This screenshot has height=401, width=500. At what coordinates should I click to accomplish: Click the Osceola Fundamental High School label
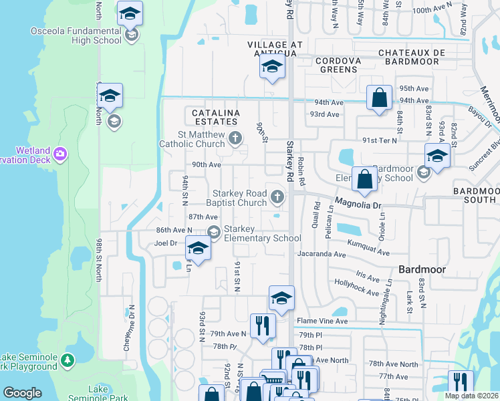(76, 35)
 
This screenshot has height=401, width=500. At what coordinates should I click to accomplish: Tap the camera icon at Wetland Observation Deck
(61, 154)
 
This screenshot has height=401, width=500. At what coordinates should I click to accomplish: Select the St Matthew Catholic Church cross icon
(235, 138)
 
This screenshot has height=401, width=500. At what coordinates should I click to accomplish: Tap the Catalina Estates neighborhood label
(215, 118)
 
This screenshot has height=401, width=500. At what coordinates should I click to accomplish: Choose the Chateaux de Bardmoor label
(408, 57)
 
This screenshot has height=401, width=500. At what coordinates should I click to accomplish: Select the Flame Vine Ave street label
(323, 321)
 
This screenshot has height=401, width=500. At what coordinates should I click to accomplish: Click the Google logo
(22, 393)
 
